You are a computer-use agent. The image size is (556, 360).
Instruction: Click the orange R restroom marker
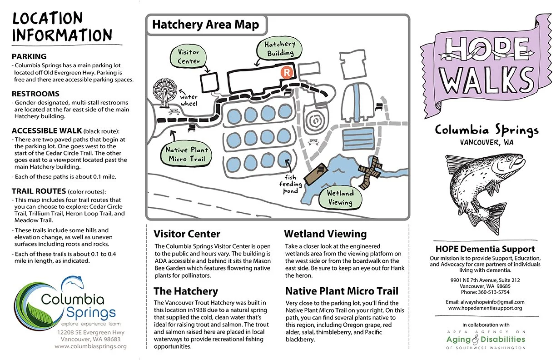(287, 72)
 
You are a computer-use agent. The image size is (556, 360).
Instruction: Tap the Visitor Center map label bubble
(189, 57)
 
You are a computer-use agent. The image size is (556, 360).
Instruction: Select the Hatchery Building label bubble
(279, 48)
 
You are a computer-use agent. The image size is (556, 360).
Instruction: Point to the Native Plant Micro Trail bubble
(187, 154)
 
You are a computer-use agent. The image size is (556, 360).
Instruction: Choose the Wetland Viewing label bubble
(340, 198)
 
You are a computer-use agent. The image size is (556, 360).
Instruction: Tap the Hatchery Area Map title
(205, 25)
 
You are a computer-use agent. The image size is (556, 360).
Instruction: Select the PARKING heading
(29, 57)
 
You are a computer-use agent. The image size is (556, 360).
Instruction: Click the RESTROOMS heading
(35, 94)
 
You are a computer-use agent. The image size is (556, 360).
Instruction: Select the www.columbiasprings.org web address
(90, 346)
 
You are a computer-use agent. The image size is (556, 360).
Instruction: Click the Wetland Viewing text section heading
(325, 234)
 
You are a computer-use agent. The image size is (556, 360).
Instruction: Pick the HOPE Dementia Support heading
(485, 249)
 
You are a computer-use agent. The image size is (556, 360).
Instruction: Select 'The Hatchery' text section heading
(186, 291)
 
